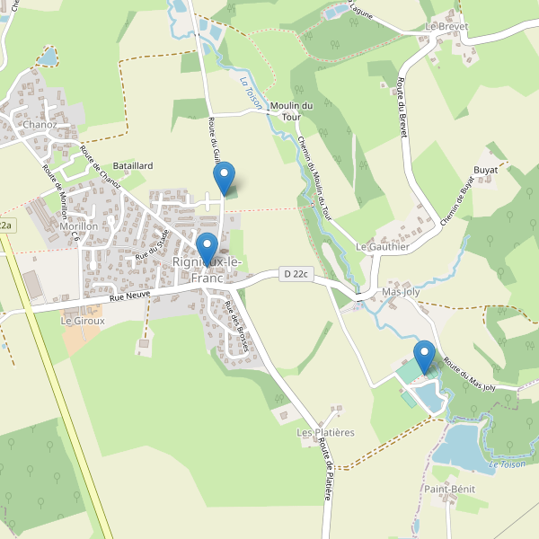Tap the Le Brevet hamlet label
[x=447, y=26]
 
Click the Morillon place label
[x=78, y=226]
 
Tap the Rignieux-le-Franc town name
[x=208, y=269]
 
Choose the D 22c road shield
[x=295, y=274]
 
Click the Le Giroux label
[x=83, y=320]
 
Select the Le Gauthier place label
[x=383, y=246]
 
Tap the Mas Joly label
[x=402, y=292]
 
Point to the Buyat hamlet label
[x=486, y=169]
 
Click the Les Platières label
[x=325, y=432]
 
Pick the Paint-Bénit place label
[x=450, y=489]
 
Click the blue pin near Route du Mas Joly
[x=424, y=357]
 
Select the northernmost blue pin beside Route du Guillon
[x=225, y=177]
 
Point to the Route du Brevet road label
[x=402, y=109]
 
